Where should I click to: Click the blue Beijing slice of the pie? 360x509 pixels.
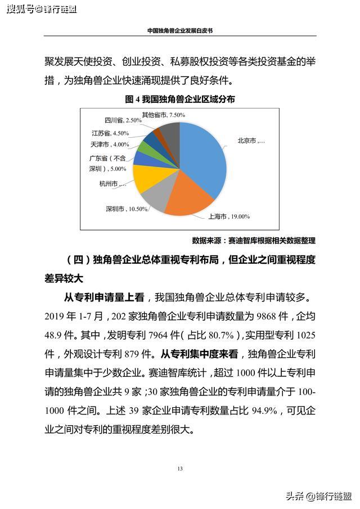pos(202,152)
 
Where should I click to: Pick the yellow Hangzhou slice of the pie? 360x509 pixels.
pos(145,178)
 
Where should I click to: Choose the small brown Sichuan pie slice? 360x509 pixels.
pos(160,134)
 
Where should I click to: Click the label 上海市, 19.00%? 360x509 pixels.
pos(229,216)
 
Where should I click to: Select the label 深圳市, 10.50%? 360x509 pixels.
pos(127,209)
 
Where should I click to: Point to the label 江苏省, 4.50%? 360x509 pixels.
pos(110,133)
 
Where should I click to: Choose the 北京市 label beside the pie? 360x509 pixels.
pos(251,141)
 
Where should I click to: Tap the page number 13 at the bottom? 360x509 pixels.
pos(180,469)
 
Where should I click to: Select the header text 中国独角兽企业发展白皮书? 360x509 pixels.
pos(180,31)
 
